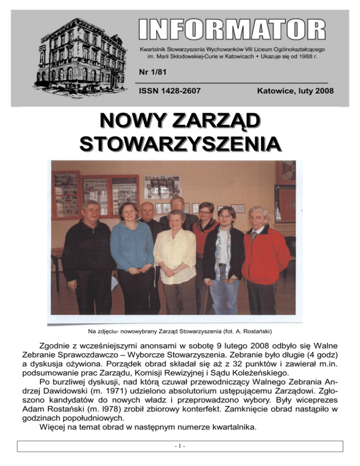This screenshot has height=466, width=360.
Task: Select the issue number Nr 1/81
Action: (x=150, y=72)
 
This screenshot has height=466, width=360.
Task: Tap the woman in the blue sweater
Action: (x=131, y=248)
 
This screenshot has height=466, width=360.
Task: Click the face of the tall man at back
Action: (x=176, y=203)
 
